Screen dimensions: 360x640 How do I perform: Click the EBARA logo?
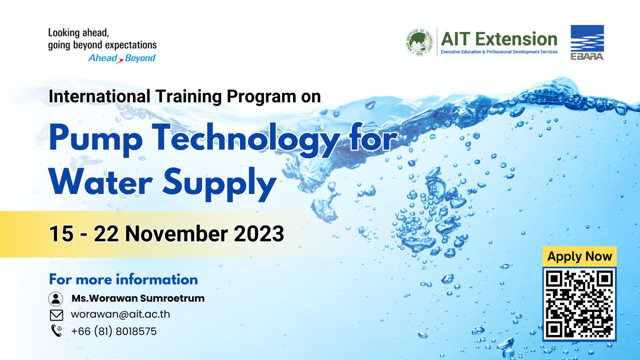(x=587, y=42)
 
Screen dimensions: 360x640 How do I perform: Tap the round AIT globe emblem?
(x=419, y=42)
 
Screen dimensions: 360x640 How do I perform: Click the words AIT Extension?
(x=499, y=39)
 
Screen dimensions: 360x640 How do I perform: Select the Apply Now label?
(x=579, y=256)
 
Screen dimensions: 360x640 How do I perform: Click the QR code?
(x=579, y=304)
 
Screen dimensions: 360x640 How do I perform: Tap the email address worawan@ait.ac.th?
(x=120, y=314)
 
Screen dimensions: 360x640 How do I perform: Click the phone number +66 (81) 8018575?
(x=114, y=331)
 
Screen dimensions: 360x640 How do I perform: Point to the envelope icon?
(x=56, y=315)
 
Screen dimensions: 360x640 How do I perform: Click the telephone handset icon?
(x=56, y=331)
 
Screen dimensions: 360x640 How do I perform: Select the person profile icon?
(x=56, y=299)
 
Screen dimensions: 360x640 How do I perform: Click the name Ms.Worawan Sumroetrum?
(x=138, y=298)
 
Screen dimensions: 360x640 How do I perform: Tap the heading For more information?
(x=123, y=279)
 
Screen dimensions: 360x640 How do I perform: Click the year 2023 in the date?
(x=259, y=234)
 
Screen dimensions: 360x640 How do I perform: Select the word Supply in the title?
(x=219, y=183)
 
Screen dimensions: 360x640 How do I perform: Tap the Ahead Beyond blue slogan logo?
(x=122, y=58)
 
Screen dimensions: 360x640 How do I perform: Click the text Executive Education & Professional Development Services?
(x=499, y=52)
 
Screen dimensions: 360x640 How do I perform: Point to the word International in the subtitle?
(x=99, y=96)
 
